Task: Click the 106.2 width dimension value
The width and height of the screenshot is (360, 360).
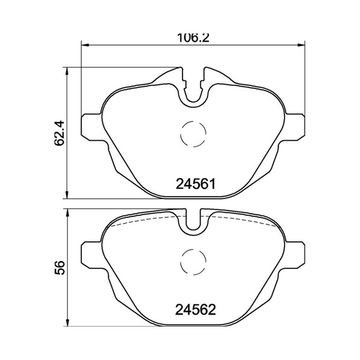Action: [193, 37]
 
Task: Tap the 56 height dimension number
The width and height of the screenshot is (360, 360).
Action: [59, 267]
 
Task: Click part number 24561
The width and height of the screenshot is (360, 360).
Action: [196, 184]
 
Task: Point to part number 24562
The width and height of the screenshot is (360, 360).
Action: [195, 310]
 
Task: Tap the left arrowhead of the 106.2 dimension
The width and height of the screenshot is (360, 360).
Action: [85, 45]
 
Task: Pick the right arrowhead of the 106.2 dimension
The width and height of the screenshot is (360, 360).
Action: [301, 45]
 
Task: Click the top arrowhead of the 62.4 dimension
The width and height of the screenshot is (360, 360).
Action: [67, 71]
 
